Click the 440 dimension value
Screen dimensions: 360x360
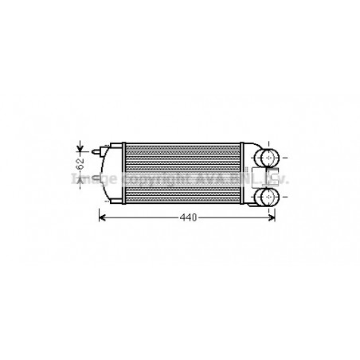coord(186,217)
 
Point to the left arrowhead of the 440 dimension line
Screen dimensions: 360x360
coord(101,217)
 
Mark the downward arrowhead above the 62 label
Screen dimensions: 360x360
coord(80,149)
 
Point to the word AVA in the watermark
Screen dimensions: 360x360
coord(200,178)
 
